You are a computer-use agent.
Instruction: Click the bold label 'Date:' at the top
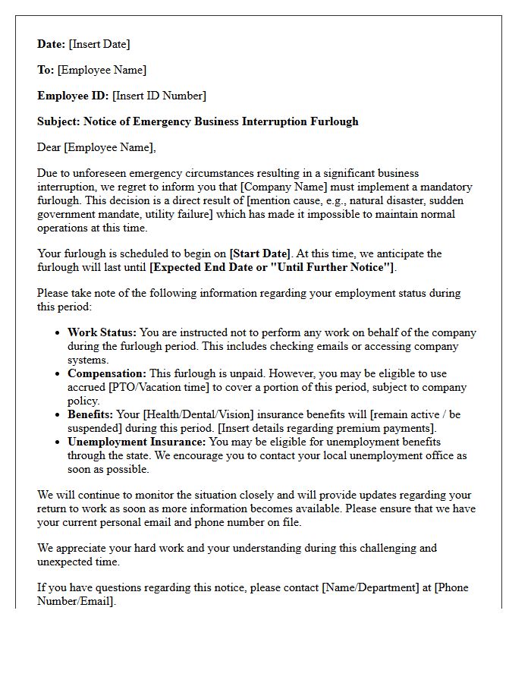pyautogui.click(x=52, y=44)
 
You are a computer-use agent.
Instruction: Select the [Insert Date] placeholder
pyautogui.click(x=99, y=44)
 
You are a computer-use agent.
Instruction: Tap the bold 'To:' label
pyautogui.click(x=46, y=70)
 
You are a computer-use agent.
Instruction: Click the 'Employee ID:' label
pyautogui.click(x=73, y=96)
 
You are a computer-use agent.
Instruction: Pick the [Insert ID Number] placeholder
pyautogui.click(x=159, y=96)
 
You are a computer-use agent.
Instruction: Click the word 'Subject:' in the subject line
pyautogui.click(x=59, y=121)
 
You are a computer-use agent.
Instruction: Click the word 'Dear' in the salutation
pyautogui.click(x=49, y=147)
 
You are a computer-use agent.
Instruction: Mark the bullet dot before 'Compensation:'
pyautogui.click(x=58, y=374)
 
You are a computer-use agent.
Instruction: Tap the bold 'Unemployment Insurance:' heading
pyautogui.click(x=137, y=442)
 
